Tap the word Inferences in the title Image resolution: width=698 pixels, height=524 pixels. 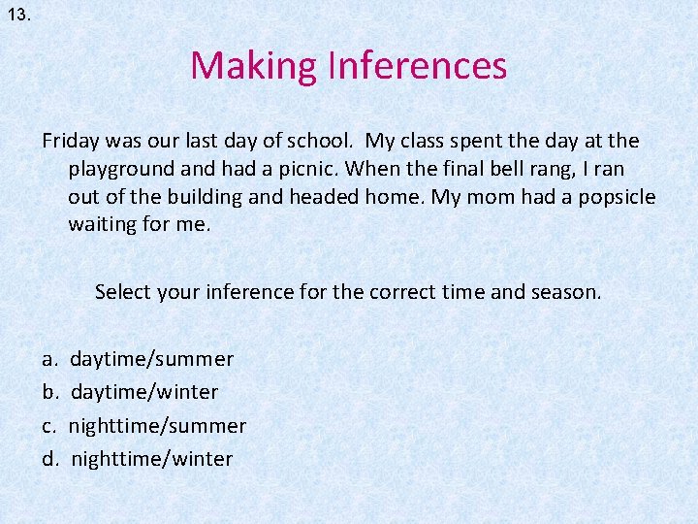[x=418, y=66]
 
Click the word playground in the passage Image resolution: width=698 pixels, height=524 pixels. [x=121, y=169]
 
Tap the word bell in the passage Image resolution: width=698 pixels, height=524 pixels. [x=490, y=169]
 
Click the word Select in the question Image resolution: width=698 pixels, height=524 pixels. [x=122, y=291]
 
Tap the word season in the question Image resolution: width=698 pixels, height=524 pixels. [x=565, y=291]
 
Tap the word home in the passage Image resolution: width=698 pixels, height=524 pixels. [x=394, y=197]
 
